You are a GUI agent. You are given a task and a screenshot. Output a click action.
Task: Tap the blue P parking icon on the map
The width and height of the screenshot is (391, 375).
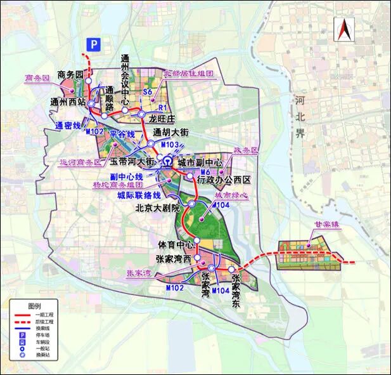coord(94,44)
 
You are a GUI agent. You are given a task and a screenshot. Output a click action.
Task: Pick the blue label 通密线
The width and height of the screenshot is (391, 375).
coord(68,125)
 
